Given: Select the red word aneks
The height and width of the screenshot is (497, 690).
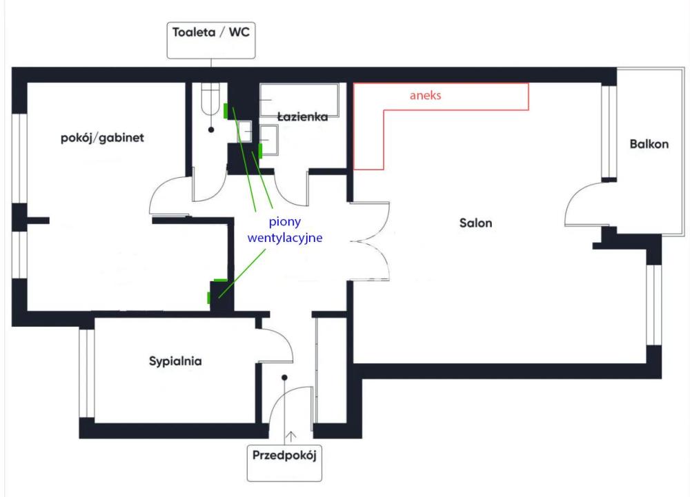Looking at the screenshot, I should tap(425, 96).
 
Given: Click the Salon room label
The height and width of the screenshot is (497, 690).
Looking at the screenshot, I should tap(475, 223).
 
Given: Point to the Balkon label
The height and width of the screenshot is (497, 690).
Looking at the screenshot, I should tap(649, 145).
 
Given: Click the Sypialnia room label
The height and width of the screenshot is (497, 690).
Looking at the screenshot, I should tap(175, 361).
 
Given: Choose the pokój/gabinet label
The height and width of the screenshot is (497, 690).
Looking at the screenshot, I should tap(102, 138).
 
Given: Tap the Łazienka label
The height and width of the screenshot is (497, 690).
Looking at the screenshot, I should tap(302, 117).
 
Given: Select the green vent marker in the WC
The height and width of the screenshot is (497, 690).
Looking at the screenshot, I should tap(226, 109).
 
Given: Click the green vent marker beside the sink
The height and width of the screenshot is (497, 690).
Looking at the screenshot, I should tap(260, 150).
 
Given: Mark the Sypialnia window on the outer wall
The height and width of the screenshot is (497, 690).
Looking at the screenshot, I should tap(86, 373).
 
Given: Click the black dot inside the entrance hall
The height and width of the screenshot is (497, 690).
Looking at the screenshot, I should tap(284, 377).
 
